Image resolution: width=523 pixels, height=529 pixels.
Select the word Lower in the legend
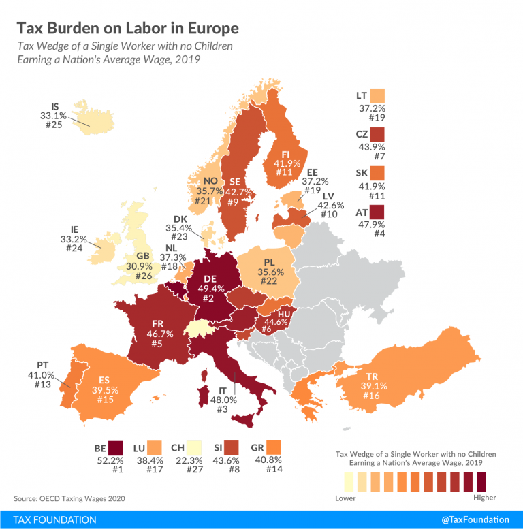(x=346, y=498)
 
